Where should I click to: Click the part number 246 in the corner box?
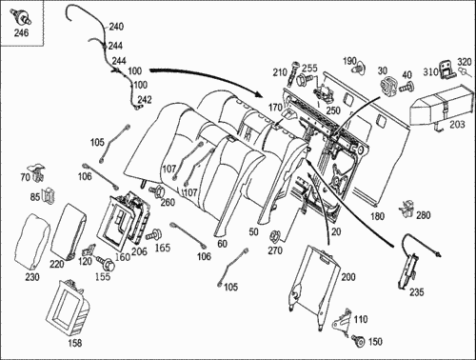tap(21, 32)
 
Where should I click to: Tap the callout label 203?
tap(457, 124)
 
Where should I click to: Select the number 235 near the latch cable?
tap(416, 291)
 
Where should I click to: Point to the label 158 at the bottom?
tap(75, 343)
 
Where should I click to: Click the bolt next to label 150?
tap(359, 341)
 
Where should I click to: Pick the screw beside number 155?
tap(106, 263)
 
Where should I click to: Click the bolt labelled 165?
tap(154, 234)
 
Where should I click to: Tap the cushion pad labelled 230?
tap(32, 242)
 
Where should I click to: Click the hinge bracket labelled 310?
tap(447, 70)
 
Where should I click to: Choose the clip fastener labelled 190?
tap(360, 68)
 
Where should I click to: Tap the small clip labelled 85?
tap(49, 195)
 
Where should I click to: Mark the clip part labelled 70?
tap(38, 172)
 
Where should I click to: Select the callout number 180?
tap(377, 216)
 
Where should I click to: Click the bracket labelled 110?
tap(341, 321)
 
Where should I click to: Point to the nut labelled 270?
tap(275, 236)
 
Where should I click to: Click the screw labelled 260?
tap(157, 191)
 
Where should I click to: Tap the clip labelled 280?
tap(407, 209)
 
